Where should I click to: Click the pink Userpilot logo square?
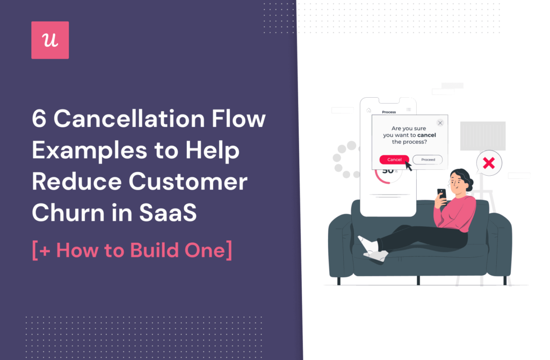(50, 40)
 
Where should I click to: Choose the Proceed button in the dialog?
(428, 160)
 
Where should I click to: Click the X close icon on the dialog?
(440, 123)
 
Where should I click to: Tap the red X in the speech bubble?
(489, 163)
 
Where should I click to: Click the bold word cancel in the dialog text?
(426, 135)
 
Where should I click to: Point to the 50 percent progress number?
(388, 171)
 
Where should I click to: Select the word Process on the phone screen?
(388, 112)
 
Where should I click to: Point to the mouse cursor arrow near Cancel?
(409, 165)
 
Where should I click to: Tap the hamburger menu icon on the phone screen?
(408, 110)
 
